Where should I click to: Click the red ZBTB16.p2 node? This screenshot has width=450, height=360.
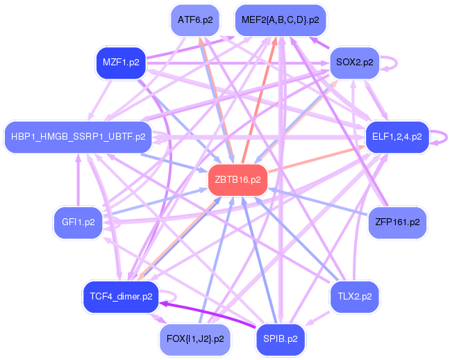coord(238,180)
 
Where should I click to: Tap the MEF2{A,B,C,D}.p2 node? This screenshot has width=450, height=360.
coord(281,20)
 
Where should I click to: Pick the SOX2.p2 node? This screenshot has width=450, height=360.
coord(354,62)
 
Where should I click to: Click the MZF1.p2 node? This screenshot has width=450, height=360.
coord(121,63)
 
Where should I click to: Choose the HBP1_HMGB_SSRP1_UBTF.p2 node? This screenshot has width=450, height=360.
coord(78,137)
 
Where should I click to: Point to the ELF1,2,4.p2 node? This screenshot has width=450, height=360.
coord(397,137)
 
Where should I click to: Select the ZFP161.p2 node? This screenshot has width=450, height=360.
coord(397,222)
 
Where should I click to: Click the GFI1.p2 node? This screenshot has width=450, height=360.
coord(78,222)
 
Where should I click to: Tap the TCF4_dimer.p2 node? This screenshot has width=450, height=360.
coord(121,297)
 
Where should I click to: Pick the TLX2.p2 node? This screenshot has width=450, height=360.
coord(354,297)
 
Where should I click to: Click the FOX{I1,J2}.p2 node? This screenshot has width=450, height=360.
coord(195,339)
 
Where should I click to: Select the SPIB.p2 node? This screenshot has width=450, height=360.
coord(281,339)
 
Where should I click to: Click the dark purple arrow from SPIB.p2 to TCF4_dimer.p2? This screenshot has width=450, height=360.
coord(208,313)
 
